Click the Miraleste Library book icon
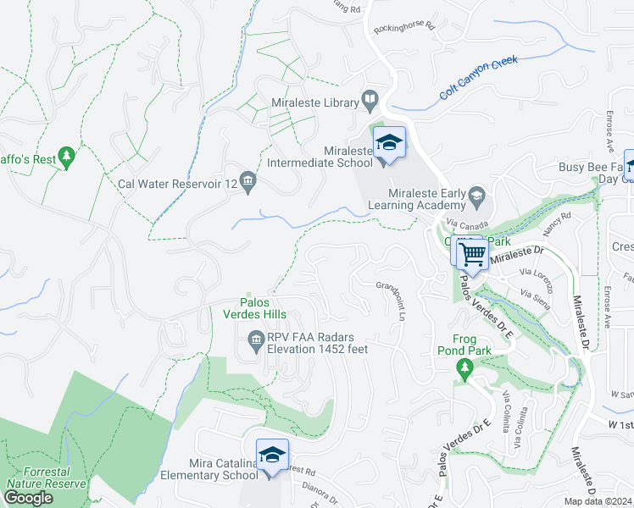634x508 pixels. [x=370, y=101]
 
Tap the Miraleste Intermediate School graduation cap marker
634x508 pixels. [x=389, y=144]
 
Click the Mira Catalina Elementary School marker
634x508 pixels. [x=271, y=457]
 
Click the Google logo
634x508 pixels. [x=28, y=498]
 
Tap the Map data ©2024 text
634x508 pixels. [x=598, y=501]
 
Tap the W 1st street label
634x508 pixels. [x=620, y=422]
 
